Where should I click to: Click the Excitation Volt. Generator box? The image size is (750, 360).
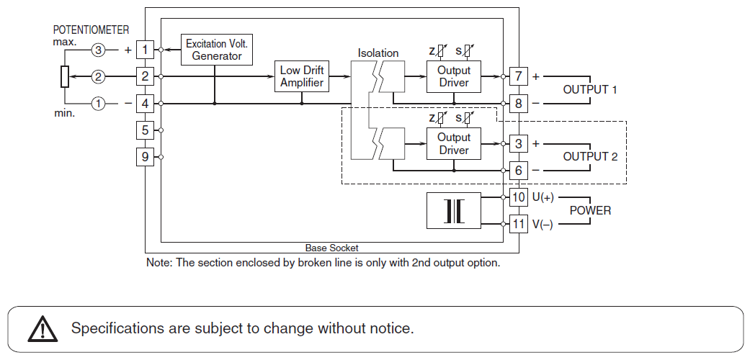217,50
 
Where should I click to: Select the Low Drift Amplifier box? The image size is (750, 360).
303,76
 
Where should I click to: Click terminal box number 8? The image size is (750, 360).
519,103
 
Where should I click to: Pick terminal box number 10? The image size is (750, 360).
519,197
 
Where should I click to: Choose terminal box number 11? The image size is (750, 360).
519,223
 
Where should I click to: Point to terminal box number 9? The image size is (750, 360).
146,156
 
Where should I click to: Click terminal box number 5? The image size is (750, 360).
146,130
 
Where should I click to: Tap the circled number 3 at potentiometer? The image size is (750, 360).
98,50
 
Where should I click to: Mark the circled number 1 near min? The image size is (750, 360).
98,103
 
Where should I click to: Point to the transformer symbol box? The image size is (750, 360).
453,210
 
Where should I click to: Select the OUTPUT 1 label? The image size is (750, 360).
590,90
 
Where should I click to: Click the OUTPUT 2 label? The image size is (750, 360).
590,156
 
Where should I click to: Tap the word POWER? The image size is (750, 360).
590,210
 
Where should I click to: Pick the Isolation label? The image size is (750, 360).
378,53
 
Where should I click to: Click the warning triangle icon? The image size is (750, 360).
43,330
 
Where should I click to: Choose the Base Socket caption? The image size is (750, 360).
331,248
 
